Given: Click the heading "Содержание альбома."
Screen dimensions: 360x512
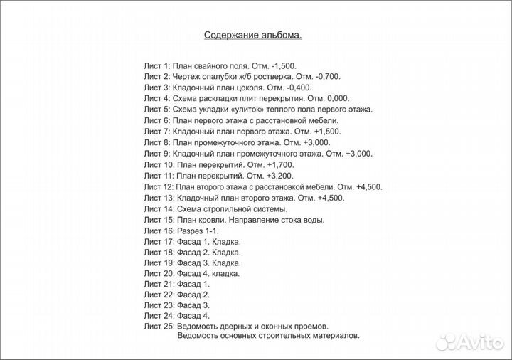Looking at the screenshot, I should (x=253, y=34).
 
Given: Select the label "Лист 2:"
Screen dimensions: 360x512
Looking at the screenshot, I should (x=157, y=75).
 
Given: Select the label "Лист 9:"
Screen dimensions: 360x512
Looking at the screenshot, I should (x=157, y=154).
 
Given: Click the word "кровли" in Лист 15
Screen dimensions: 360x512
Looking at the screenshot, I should (x=212, y=221).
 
